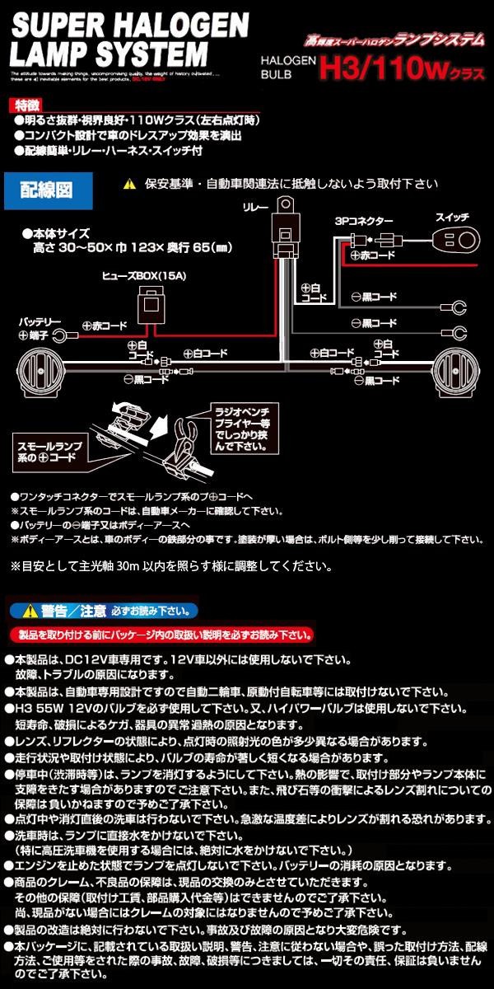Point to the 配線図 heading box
[x=46, y=190]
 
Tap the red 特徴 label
[x=26, y=105]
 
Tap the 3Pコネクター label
[x=363, y=222]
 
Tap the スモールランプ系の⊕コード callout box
[x=51, y=448]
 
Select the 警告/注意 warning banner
[x=104, y=611]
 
